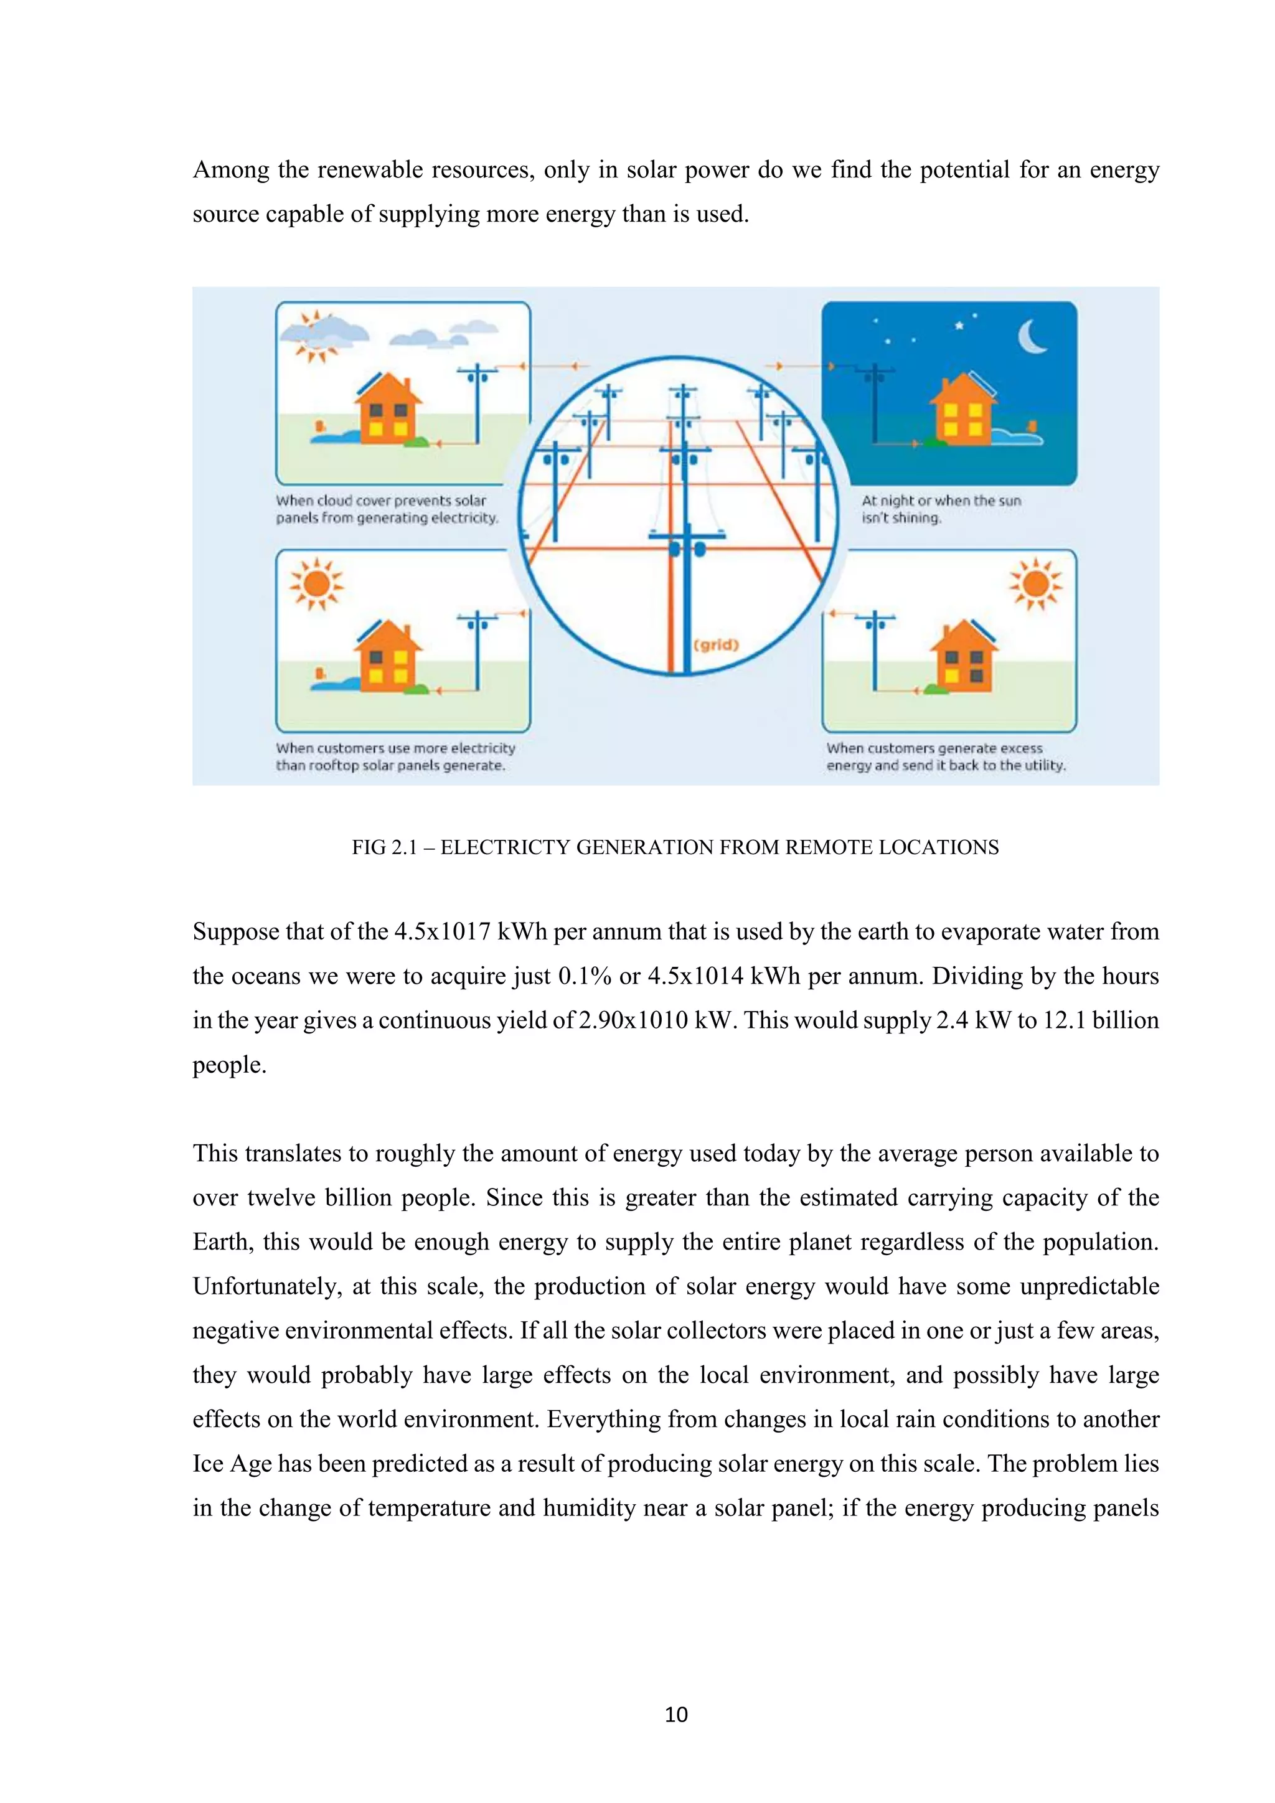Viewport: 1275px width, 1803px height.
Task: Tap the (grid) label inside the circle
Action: (x=716, y=646)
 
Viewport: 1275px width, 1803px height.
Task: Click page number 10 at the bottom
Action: (x=676, y=1714)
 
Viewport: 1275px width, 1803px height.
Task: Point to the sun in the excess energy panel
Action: (x=1035, y=583)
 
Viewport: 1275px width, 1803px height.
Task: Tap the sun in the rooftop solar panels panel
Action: (x=316, y=583)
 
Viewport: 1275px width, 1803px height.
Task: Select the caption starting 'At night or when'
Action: (x=941, y=509)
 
